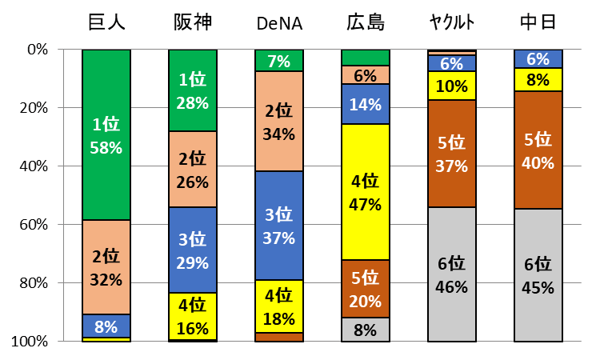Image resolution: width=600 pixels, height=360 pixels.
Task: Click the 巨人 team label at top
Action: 106,22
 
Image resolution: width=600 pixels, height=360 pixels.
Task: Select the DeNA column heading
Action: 278,22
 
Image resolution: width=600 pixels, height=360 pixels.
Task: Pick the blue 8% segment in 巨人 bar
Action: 106,326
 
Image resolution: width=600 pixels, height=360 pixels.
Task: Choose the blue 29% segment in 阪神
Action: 193,250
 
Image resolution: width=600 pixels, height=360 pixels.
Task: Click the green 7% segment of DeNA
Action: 278,61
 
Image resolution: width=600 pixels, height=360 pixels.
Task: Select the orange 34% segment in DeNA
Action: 278,122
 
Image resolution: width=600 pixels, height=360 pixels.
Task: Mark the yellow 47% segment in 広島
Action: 365,191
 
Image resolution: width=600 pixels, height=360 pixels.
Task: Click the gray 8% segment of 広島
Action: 365,330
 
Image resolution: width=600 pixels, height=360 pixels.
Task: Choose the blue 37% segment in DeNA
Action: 278,226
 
